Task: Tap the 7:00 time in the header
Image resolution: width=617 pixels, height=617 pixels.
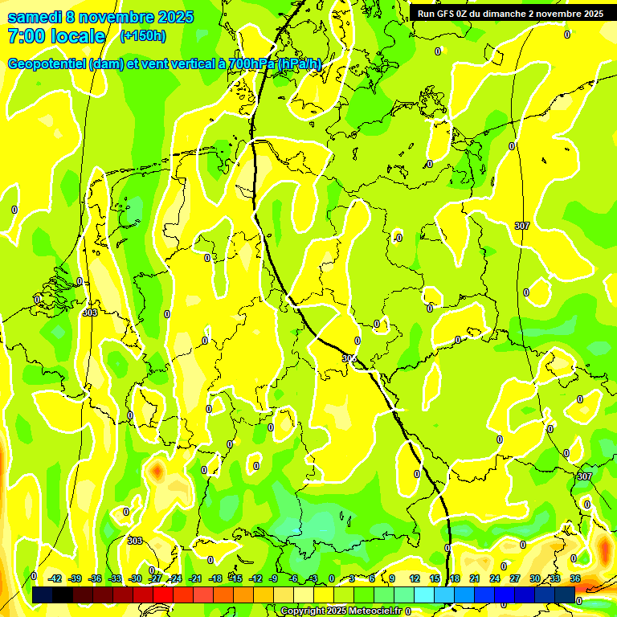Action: [x=24, y=36]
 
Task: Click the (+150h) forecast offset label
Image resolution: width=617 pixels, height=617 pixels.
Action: [x=143, y=35]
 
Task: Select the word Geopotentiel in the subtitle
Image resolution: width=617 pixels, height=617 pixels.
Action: [x=47, y=64]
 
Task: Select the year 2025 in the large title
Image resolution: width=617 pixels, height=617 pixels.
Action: [x=170, y=17]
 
